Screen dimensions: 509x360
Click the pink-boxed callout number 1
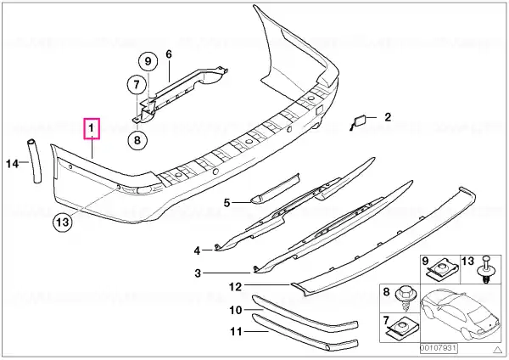(x=92, y=128)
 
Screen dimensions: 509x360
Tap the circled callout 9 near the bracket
(x=148, y=61)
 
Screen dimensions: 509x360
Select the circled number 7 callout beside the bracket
(x=137, y=85)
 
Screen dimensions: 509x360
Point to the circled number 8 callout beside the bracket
(x=137, y=140)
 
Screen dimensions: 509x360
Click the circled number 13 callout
(x=62, y=222)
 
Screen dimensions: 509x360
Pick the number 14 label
(x=13, y=163)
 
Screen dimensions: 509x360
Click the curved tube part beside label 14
(x=35, y=162)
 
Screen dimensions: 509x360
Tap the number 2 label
(x=388, y=117)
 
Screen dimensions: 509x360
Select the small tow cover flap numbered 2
(x=361, y=121)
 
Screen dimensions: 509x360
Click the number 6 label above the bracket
(x=169, y=54)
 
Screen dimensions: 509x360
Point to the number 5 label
(x=227, y=203)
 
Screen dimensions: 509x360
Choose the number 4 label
(x=197, y=250)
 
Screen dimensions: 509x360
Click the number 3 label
(x=198, y=273)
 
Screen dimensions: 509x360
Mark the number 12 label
(x=235, y=287)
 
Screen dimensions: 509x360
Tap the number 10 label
(x=236, y=310)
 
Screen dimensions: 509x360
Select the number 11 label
(x=236, y=331)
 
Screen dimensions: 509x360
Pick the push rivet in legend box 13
(x=485, y=270)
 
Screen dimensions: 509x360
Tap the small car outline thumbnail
(x=461, y=313)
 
